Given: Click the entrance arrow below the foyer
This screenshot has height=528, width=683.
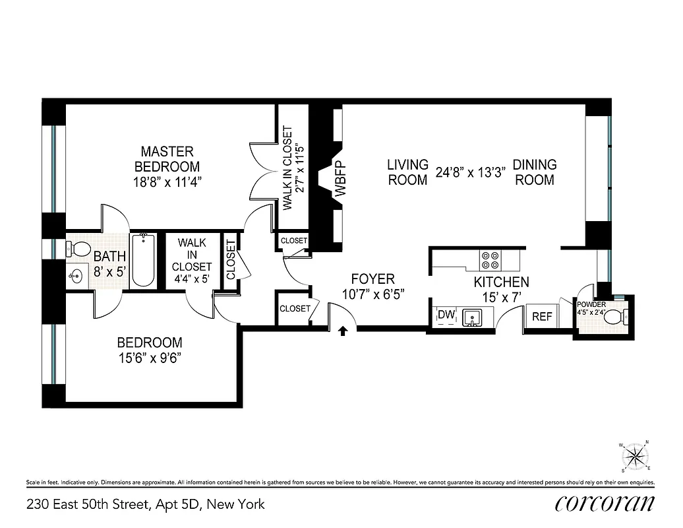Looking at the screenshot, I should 343,331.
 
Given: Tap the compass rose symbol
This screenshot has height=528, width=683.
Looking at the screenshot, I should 635,456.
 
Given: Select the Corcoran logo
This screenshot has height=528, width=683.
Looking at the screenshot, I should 605,503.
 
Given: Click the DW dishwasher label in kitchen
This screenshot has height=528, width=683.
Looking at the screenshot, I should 446,315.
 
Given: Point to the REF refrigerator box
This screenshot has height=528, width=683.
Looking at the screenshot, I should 542,317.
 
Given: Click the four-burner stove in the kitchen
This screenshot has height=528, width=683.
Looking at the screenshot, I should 491,260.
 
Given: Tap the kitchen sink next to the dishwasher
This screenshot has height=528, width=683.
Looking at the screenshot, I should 472,318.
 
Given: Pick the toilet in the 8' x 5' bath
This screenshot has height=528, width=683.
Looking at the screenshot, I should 80,249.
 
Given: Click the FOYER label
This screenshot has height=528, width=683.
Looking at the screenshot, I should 372,279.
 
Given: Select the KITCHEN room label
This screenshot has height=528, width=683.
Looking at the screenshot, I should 501,282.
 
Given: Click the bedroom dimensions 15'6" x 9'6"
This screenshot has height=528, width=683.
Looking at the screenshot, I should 149,358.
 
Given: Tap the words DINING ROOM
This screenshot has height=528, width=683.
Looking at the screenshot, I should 535,172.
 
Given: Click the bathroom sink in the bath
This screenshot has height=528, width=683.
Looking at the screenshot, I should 74,277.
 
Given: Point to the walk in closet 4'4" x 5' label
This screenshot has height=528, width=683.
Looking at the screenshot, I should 192,261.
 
